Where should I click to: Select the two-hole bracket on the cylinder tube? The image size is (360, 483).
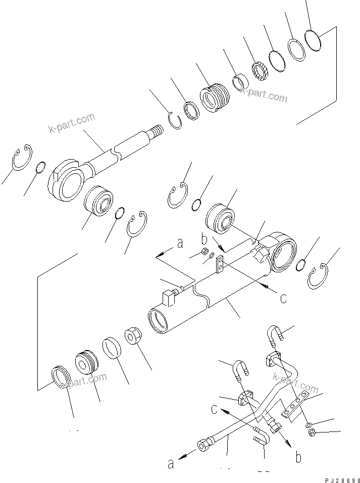pyautogui.click(x=220, y=264)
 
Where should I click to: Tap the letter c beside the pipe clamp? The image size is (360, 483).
pyautogui.click(x=214, y=409)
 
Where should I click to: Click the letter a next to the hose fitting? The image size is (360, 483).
pyautogui.click(x=170, y=463)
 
